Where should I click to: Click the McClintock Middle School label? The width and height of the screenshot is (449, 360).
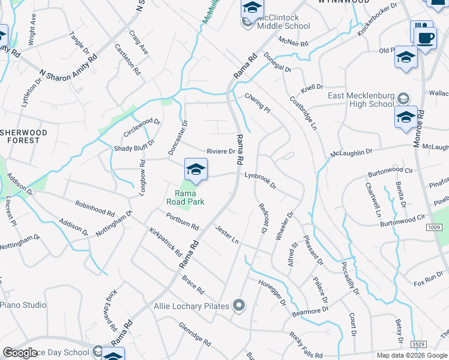click(283, 22)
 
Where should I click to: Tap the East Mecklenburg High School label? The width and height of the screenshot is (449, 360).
click(361, 100)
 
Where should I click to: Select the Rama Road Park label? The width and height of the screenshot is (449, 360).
click(190, 197)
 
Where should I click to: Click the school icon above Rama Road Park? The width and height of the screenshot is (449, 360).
click(196, 170)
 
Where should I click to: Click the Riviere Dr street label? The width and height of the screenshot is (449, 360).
click(220, 151)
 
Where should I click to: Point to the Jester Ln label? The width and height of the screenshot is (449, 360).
click(227, 234)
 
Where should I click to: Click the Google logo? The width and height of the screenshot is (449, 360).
click(20, 353)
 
